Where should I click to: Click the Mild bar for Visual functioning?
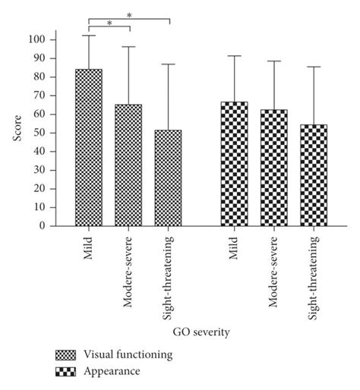click(x=89, y=147)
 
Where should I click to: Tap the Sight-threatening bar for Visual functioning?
click(x=168, y=178)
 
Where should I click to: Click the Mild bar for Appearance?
click(x=234, y=163)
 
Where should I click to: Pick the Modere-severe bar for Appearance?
click(x=273, y=167)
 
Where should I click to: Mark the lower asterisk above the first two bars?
click(x=109, y=24)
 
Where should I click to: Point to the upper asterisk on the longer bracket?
click(x=129, y=15)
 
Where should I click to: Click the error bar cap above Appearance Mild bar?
click(x=234, y=55)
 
